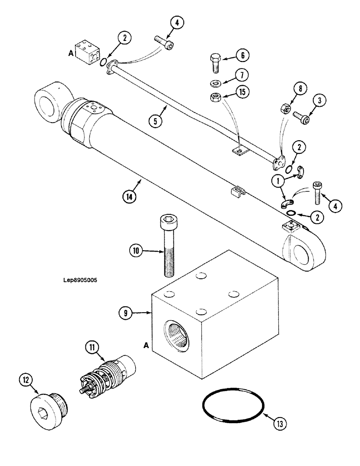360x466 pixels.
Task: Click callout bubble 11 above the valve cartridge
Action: (x=92, y=347)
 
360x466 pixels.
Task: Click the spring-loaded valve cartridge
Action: (x=107, y=377)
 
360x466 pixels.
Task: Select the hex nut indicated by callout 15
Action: (x=216, y=98)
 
